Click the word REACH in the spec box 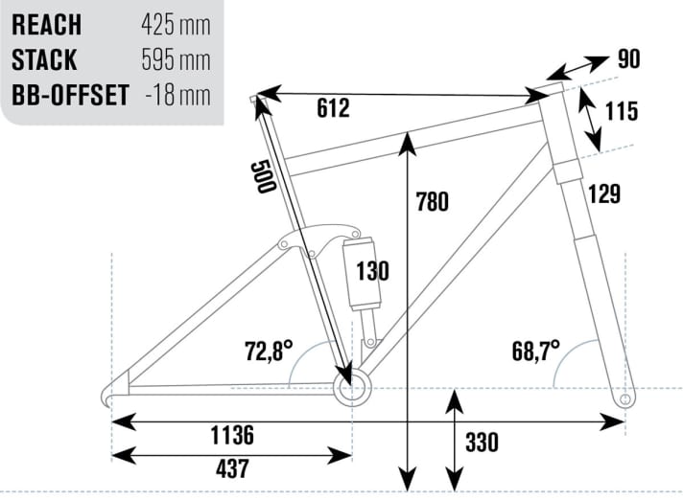point(46,24)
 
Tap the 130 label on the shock point(373,271)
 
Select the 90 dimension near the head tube point(627,59)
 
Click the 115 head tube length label point(622,112)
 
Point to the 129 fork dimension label point(605,193)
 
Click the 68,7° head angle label point(535,351)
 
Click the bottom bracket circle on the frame point(351,388)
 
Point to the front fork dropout point(626,397)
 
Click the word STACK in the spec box point(45,59)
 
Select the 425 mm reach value point(175,24)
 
